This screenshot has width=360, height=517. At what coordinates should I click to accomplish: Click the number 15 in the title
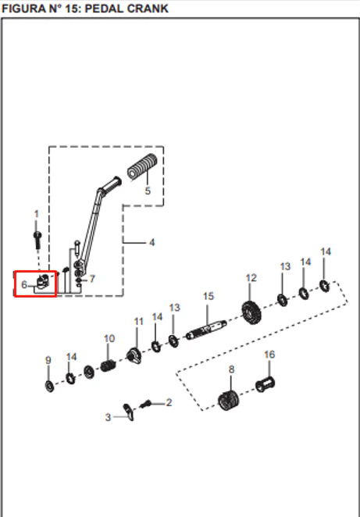click(73, 9)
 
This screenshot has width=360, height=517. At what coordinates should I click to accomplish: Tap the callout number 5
click(148, 191)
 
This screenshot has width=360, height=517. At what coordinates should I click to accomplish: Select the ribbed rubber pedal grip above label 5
click(142, 167)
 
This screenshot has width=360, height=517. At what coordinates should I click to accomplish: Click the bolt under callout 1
click(37, 240)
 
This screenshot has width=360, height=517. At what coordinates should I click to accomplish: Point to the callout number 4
click(151, 243)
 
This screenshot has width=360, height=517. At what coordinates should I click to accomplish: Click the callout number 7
click(92, 279)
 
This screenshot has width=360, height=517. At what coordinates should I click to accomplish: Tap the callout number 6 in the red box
click(24, 284)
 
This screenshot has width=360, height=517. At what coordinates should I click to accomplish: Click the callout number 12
click(251, 278)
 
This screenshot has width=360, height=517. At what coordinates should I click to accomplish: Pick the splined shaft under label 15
click(206, 330)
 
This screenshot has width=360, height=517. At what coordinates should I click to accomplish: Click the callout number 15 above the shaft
click(209, 296)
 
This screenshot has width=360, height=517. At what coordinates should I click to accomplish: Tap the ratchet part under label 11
click(134, 356)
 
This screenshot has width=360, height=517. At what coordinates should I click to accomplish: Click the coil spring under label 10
click(108, 365)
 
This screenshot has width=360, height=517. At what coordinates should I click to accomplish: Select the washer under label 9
click(49, 386)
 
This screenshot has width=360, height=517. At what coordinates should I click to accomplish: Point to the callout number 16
click(269, 355)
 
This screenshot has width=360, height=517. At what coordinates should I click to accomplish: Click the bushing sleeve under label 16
click(265, 384)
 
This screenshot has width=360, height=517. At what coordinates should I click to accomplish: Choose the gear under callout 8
click(229, 400)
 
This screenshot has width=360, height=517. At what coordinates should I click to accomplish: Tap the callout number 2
click(169, 402)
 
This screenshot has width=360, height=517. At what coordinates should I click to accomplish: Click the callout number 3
click(108, 417)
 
